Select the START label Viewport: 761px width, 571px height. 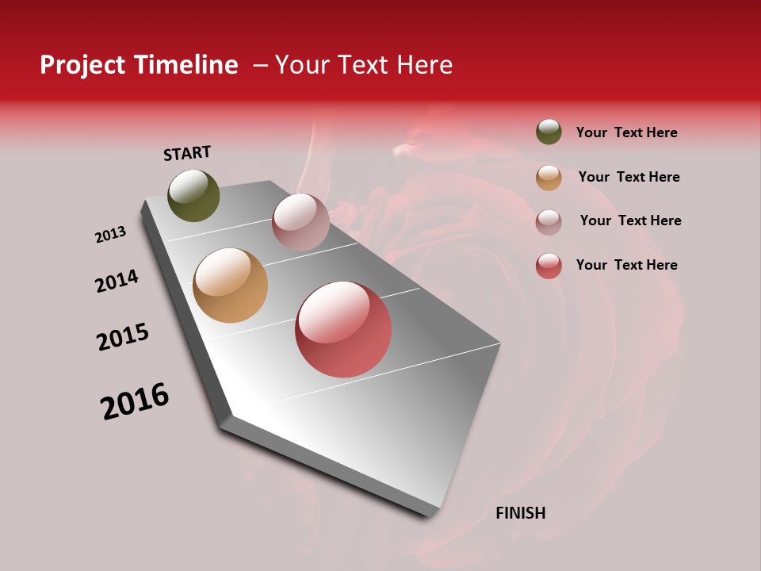click(187, 153)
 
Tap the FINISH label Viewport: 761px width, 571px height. click(521, 513)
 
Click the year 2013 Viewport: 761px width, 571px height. click(111, 235)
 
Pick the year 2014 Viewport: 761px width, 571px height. click(117, 281)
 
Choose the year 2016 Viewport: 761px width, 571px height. click(135, 401)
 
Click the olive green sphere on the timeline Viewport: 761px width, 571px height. click(194, 196)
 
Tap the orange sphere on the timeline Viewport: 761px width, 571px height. click(231, 285)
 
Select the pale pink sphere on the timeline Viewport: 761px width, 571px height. click(300, 222)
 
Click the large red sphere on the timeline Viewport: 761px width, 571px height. click(343, 329)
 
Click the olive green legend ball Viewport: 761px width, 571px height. click(549, 132)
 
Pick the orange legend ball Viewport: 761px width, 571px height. click(549, 178)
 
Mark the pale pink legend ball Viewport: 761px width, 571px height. click(549, 222)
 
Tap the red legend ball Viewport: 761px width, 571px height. click(549, 266)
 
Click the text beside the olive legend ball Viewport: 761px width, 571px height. click(626, 132)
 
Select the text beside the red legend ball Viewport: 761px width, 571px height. click(626, 265)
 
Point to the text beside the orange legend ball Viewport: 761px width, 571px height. click(629, 177)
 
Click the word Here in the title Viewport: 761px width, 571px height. click(425, 65)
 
